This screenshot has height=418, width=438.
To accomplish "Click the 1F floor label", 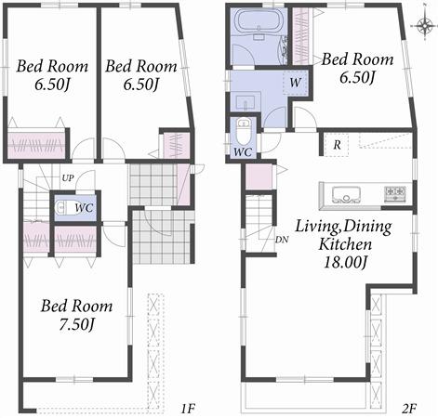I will pos(186,407).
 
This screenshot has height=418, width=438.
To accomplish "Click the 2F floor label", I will pos(410,407).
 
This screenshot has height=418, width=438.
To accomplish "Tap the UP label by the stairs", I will pos(68,177).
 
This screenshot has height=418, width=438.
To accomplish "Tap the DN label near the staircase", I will pos(283,238).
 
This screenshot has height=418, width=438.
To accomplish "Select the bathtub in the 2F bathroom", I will pos(255,21).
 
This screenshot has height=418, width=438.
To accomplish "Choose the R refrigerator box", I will pos(334,144).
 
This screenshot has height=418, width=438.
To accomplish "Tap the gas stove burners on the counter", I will pos(394,193).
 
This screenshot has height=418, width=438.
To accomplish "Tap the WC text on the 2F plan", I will pos(242,150).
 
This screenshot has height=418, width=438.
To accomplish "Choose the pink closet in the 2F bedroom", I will pos(301,35).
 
